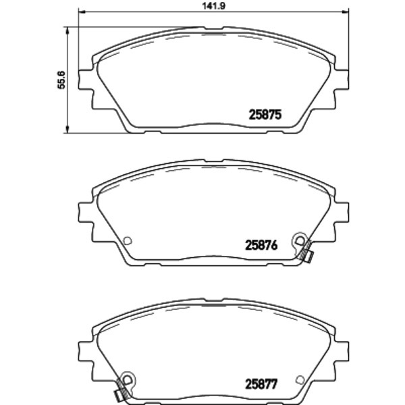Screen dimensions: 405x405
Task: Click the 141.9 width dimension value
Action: tap(213, 6)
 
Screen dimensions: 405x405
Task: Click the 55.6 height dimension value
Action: tap(61, 80)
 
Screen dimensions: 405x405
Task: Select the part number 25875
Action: tap(265, 115)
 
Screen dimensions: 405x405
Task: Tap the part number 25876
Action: tap(261, 245)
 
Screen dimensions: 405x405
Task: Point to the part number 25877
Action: tap(261, 384)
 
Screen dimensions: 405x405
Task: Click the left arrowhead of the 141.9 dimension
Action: tap(82, 11)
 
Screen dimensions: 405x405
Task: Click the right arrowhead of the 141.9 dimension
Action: tap(346, 11)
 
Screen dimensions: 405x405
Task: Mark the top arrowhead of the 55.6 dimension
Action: tap(67, 30)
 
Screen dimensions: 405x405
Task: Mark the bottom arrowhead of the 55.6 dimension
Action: tap(67, 130)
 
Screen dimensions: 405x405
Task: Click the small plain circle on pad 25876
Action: tap(128, 241)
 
